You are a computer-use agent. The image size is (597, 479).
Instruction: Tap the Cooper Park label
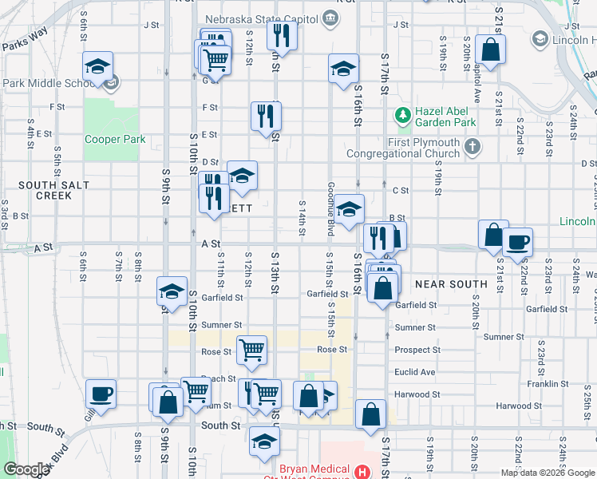(x=115, y=139)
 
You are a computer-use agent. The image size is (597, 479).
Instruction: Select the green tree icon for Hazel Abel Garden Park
(x=402, y=117)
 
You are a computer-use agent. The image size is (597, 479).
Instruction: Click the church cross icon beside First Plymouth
(x=472, y=146)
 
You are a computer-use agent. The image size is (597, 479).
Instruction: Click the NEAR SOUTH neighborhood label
(x=451, y=283)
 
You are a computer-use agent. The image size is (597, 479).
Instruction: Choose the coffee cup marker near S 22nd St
(x=517, y=243)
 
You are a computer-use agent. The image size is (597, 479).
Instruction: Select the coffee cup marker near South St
(x=101, y=394)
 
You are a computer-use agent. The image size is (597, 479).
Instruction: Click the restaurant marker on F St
(x=266, y=116)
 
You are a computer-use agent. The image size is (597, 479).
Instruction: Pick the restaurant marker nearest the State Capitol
(x=282, y=35)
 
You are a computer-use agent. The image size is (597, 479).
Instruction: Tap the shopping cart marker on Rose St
(x=252, y=349)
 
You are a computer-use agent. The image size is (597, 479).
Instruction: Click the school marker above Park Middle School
(x=97, y=66)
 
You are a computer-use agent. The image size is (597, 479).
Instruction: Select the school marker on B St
(x=349, y=210)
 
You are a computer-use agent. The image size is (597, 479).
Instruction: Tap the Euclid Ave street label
(x=416, y=372)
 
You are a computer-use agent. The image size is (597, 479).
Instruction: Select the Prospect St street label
(x=417, y=350)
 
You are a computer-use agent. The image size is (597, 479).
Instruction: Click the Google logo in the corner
(x=26, y=469)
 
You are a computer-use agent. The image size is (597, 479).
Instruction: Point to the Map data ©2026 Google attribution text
(x=547, y=473)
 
